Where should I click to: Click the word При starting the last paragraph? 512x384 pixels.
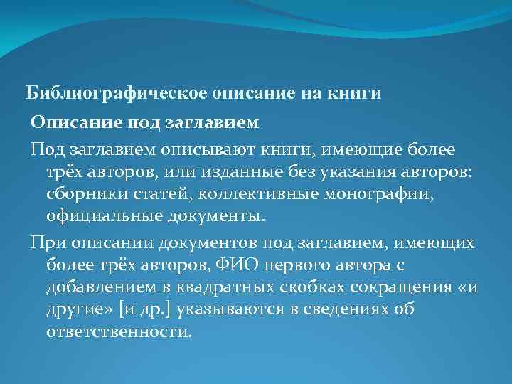(x=46, y=243)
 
